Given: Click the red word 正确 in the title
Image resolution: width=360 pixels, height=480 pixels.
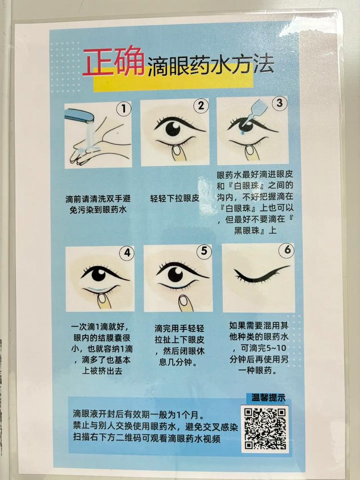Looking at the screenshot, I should click(113, 63).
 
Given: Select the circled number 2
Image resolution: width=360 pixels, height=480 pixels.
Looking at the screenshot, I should click(200, 106).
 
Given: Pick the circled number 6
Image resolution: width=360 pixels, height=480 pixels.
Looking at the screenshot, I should click(286, 251).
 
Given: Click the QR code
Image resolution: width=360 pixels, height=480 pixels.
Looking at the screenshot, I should click(265, 429).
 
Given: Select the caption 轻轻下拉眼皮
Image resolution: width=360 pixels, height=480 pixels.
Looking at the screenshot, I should click(175, 197).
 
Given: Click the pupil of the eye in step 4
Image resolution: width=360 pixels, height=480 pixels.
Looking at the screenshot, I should click(97, 274).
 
